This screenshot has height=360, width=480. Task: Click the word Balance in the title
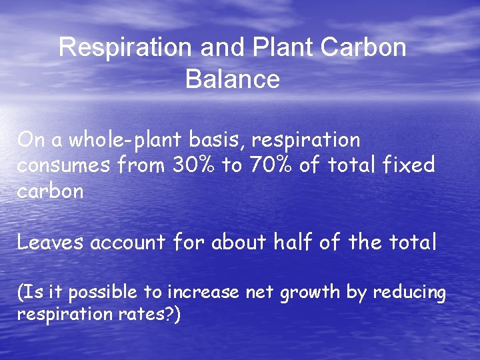(x=232, y=79)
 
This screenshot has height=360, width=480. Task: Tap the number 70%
(x=270, y=165)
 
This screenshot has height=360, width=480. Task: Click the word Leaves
(x=50, y=242)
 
